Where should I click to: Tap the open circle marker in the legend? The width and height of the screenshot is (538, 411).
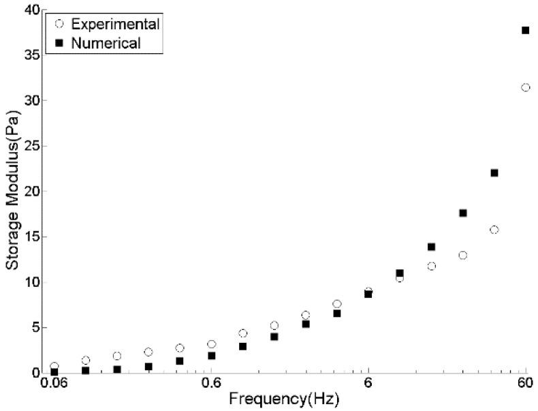pyautogui.click(x=59, y=25)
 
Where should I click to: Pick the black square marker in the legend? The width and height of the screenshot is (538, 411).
pyautogui.click(x=59, y=44)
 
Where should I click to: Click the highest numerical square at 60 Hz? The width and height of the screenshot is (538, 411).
pyautogui.click(x=525, y=30)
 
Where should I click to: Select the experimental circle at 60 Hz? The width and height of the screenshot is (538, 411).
pyautogui.click(x=525, y=87)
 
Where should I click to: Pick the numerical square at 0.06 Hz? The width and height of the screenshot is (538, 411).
pyautogui.click(x=54, y=371)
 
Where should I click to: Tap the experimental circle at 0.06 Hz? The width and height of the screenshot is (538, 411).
pyautogui.click(x=54, y=366)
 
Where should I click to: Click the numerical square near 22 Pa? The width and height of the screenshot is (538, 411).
pyautogui.click(x=494, y=173)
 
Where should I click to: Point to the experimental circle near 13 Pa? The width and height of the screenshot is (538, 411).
pyautogui.click(x=462, y=255)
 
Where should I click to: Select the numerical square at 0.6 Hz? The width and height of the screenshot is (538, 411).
pyautogui.click(x=211, y=356)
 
